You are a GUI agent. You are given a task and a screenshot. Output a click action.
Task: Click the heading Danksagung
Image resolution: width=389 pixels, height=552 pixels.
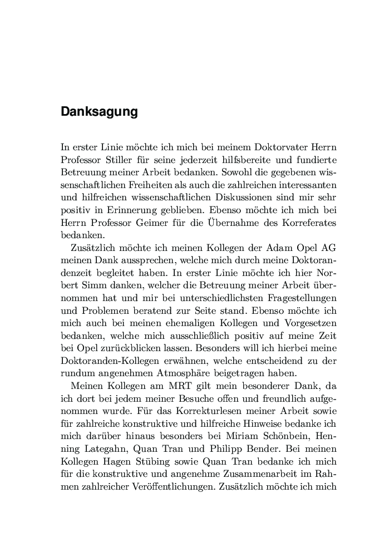99,112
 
